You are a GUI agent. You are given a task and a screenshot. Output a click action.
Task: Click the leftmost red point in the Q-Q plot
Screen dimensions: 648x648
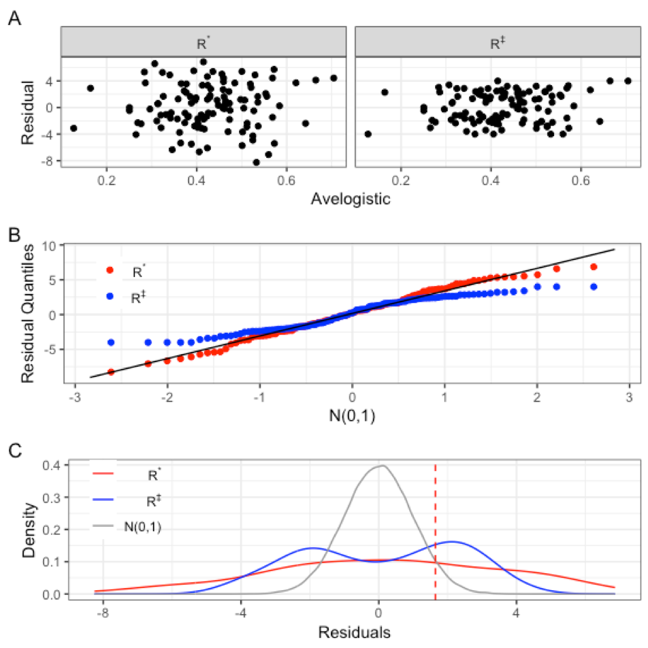tap(111, 372)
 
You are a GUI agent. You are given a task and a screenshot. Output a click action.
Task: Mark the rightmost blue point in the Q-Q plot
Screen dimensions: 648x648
tap(594, 287)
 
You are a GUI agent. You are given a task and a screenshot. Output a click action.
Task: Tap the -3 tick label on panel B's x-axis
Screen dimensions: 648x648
tap(73, 396)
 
